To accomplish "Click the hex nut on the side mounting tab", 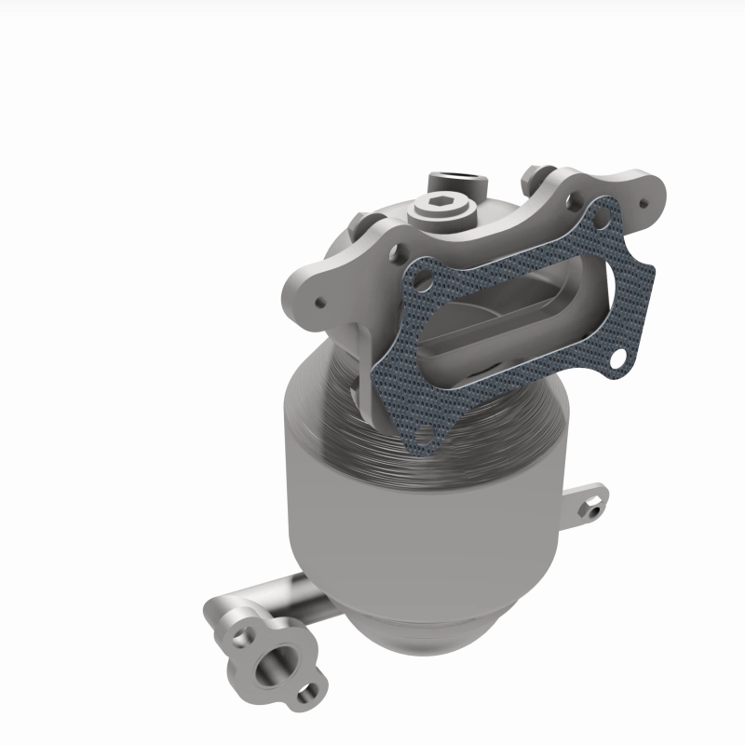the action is [591, 508].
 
